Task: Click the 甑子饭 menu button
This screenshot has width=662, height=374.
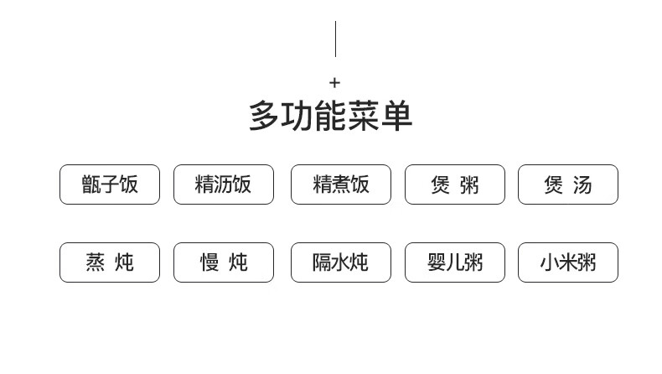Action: pos(110,184)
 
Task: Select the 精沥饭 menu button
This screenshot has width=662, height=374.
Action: pos(224,184)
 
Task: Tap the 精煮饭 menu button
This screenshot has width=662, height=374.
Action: pos(341,184)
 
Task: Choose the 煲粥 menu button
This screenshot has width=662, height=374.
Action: pos(455,184)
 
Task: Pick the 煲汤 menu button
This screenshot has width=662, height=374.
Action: pos(568,184)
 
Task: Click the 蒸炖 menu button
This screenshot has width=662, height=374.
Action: pos(110,262)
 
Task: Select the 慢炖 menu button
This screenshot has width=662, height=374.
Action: pos(224,262)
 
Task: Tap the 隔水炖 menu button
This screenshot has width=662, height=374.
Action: pos(341,262)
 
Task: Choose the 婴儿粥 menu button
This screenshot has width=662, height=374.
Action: pos(455,262)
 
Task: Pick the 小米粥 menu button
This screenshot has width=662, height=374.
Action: pos(568,262)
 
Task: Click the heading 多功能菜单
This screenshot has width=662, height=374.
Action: pos(331,117)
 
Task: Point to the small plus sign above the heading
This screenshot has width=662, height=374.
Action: pos(335,82)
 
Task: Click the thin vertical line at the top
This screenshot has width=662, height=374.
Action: pos(335,39)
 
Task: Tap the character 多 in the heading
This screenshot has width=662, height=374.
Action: pos(264,117)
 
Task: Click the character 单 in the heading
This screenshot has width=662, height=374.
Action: pos(397,117)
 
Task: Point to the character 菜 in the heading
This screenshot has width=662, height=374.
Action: pos(364,117)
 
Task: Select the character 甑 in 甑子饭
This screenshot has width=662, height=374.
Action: pos(91,184)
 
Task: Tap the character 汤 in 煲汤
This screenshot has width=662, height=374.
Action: pos(582,184)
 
